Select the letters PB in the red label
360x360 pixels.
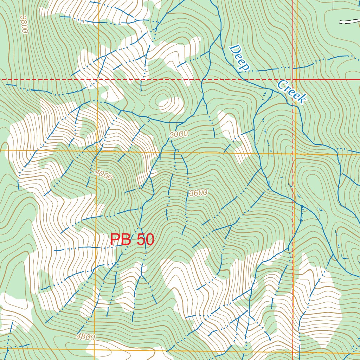[121, 240]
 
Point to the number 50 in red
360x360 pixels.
[145, 240]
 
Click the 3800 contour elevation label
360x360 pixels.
[24, 24]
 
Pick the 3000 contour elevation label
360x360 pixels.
[179, 134]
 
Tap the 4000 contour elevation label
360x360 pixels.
[103, 175]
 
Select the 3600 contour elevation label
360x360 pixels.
[198, 193]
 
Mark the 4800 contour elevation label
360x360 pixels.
[85, 337]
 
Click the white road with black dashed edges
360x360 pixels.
[350, 21]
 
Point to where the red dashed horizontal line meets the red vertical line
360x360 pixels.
[293, 80]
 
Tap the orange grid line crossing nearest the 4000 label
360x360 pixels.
[97, 151]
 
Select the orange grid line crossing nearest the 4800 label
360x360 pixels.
[95, 349]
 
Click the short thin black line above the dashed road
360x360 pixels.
[333, 5]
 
